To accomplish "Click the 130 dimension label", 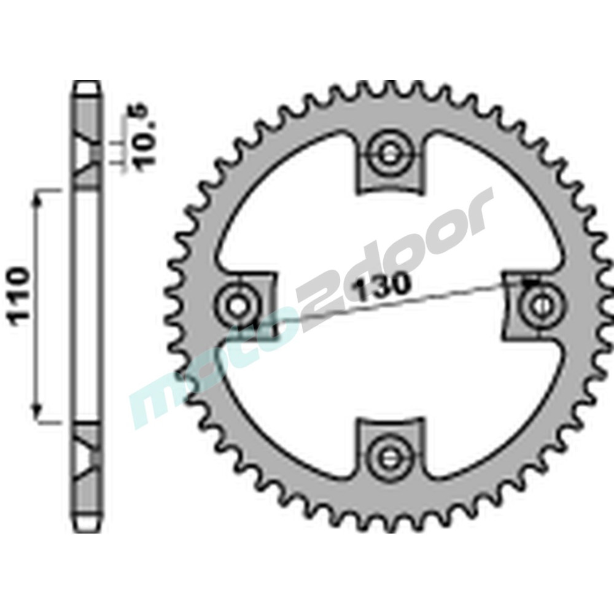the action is (381, 285).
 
